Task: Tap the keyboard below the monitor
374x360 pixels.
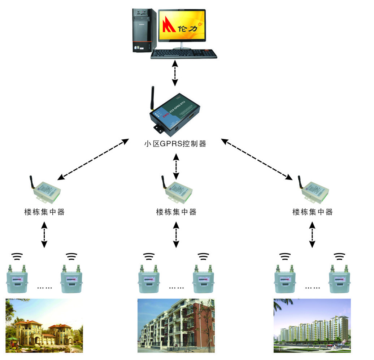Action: [x=184, y=54]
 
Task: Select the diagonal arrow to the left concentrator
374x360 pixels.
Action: [x=93, y=159]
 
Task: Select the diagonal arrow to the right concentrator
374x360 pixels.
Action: [x=257, y=159]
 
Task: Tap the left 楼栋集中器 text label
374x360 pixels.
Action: [x=44, y=212]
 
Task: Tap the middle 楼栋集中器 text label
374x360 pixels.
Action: [x=176, y=212]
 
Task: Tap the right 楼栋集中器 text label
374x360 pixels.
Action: [x=313, y=212]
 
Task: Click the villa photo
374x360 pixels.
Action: [x=44, y=326]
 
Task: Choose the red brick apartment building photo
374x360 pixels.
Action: [x=176, y=326]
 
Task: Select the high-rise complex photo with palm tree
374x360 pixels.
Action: [x=312, y=326]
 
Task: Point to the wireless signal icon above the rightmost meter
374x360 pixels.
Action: [x=339, y=257]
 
